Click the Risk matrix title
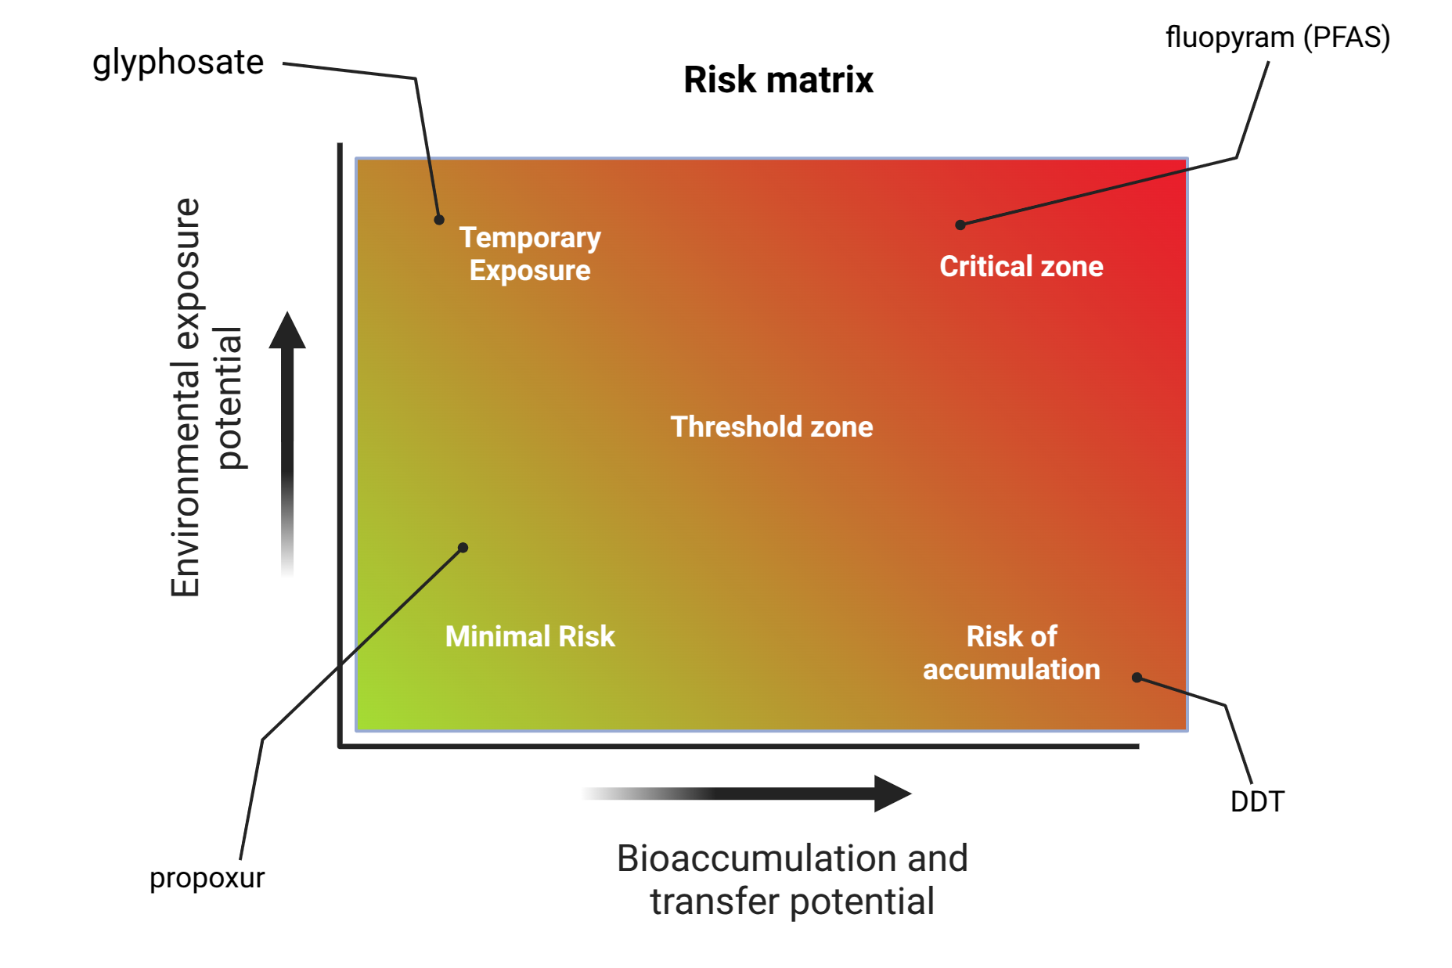[x=778, y=80]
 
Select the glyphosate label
[x=178, y=63]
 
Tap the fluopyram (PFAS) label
[x=1277, y=38]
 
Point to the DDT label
[x=1257, y=802]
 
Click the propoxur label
[x=207, y=878]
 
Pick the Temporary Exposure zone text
[x=530, y=254]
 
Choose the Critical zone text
[x=1021, y=267]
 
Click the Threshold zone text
[x=771, y=427]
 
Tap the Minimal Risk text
[x=530, y=637]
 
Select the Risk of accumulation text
[x=1011, y=653]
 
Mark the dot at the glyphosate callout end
[x=439, y=220]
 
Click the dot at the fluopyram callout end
[x=960, y=225]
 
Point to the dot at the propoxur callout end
[x=463, y=548]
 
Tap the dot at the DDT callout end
[x=1137, y=678]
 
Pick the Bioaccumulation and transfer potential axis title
[x=792, y=880]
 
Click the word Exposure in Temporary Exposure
[x=530, y=271]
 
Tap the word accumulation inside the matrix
[x=1011, y=670]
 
